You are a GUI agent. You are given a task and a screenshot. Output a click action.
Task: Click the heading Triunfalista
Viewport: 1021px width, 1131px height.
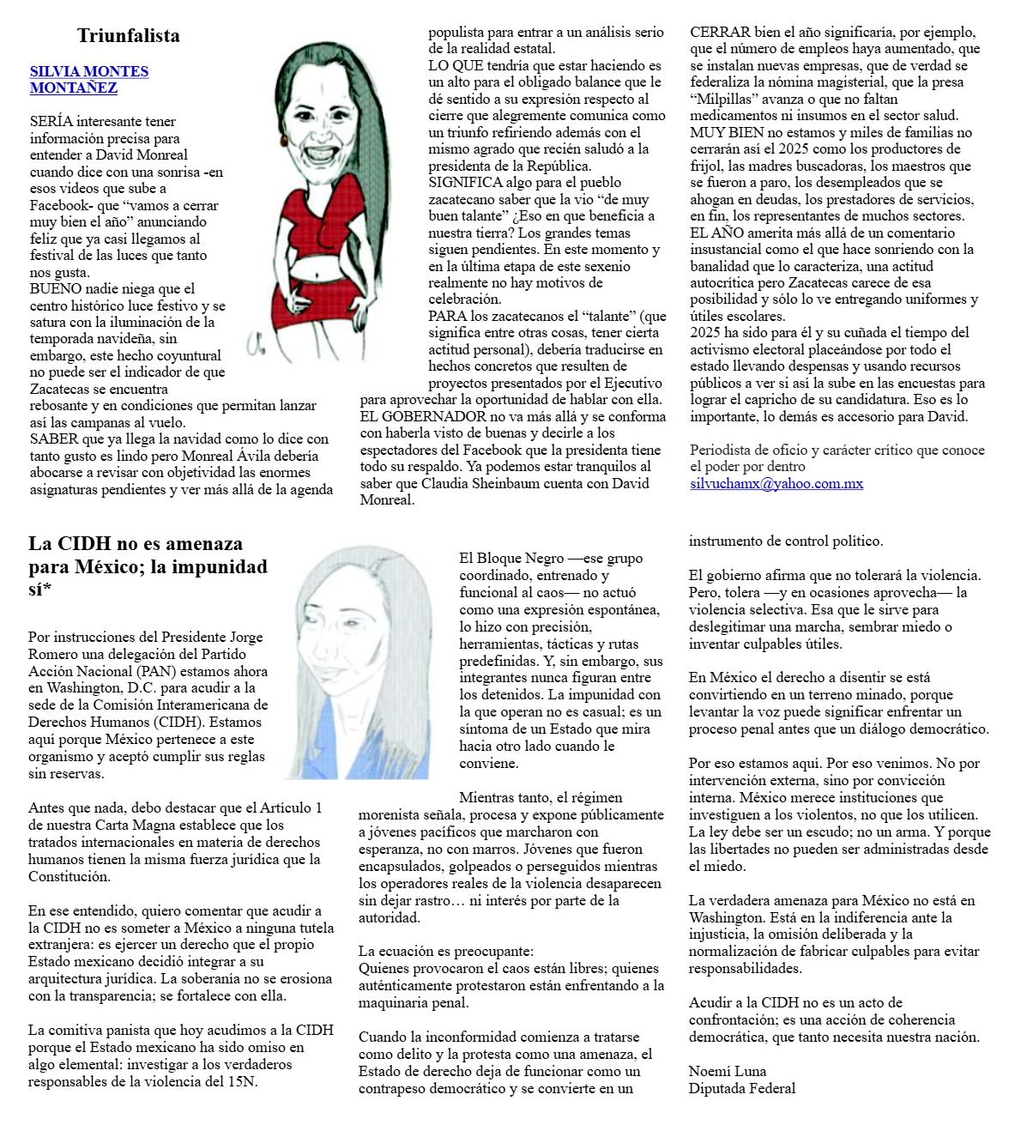click(x=128, y=35)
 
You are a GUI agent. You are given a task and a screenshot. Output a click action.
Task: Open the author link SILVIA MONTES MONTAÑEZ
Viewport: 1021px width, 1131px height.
click(x=88, y=79)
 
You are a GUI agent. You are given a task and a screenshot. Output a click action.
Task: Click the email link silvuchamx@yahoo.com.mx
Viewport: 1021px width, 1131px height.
click(x=776, y=483)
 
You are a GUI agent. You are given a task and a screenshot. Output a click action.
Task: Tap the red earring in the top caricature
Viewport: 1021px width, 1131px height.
click(x=282, y=139)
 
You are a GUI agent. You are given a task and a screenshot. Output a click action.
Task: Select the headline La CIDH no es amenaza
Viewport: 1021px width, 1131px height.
click(x=136, y=543)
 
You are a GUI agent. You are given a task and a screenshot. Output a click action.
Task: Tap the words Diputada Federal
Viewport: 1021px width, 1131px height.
click(x=741, y=1088)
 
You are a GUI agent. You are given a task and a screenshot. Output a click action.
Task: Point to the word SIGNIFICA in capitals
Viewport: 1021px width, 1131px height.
click(x=464, y=183)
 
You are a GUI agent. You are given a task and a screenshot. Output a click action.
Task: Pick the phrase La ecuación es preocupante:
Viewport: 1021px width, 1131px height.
click(x=445, y=951)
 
